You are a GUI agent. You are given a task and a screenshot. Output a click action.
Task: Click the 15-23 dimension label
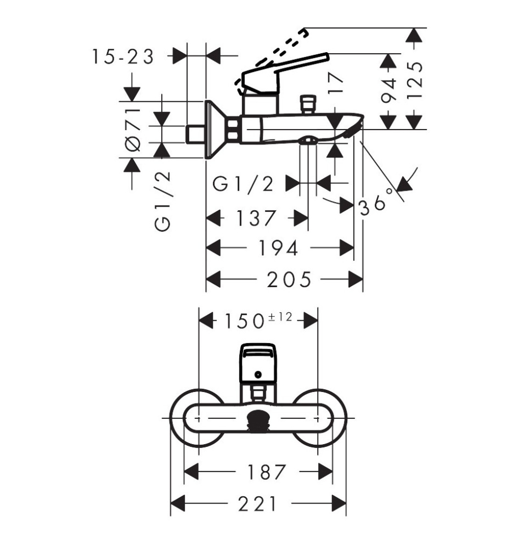coord(123,57)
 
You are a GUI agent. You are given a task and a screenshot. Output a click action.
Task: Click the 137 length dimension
coord(256,218)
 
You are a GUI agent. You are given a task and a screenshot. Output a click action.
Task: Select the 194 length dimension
coord(278,248)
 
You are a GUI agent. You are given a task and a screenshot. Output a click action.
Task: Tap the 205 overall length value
coord(289,279)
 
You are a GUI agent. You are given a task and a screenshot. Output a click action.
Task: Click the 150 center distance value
coord(244,321)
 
